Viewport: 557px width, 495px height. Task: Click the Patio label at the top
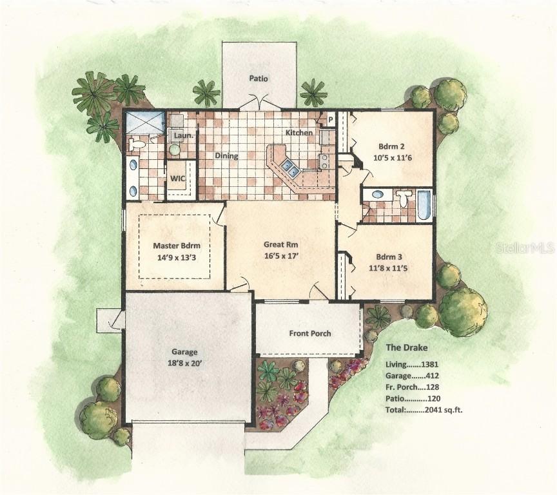(259, 79)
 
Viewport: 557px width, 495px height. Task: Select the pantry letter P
(330, 119)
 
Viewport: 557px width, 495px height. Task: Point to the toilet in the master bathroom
(136, 145)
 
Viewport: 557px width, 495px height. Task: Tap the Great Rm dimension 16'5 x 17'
(280, 256)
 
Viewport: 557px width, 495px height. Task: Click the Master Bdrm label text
(177, 246)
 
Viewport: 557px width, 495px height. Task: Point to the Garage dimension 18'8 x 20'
(184, 364)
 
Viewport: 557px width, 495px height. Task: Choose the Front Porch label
(310, 333)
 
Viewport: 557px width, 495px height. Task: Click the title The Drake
(406, 348)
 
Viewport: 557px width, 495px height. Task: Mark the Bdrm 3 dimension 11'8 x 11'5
(385, 268)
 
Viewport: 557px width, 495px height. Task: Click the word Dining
(226, 156)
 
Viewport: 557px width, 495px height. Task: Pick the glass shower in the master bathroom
(145, 122)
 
